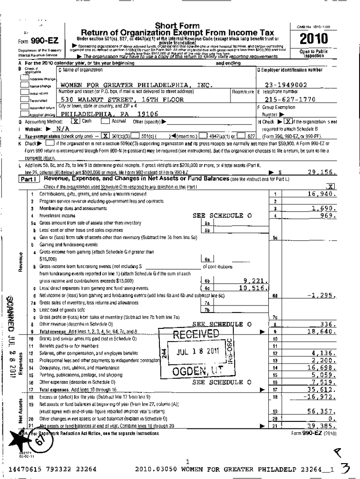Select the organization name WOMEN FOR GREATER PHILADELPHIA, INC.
coord(137,85)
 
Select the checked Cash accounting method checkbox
coord(75,121)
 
